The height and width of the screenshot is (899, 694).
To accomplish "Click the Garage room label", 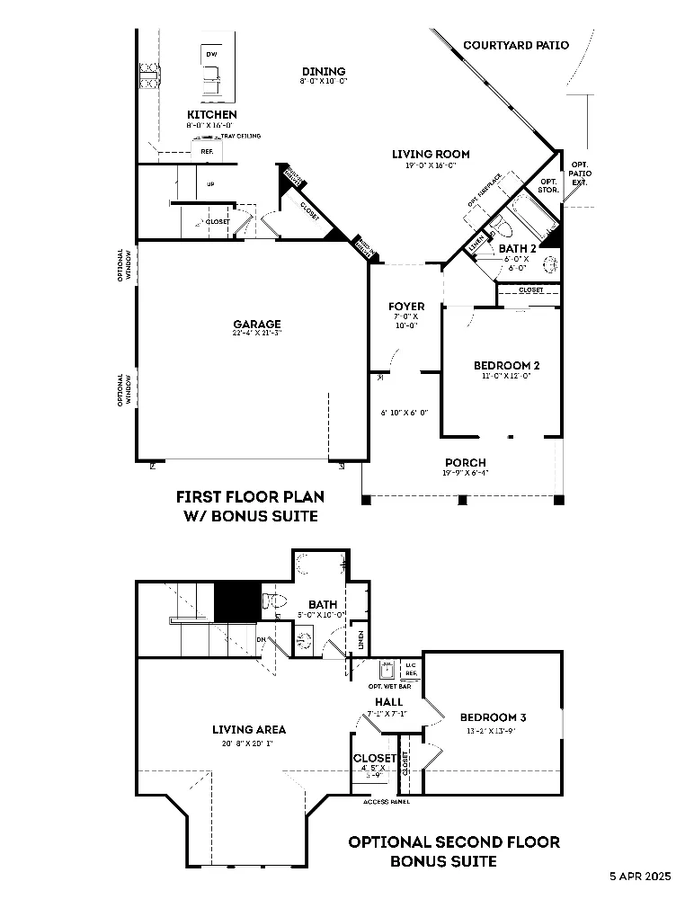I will coord(257,325).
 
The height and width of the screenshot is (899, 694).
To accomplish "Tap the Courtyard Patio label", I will coord(515,45).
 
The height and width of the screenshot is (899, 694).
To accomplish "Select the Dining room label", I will coord(323,72).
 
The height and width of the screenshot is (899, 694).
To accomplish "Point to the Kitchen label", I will coord(212,115).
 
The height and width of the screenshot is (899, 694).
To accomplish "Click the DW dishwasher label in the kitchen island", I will coord(212,55).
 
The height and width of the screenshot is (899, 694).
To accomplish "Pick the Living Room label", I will coord(431,155).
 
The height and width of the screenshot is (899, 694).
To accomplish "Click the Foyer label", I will coord(406,307).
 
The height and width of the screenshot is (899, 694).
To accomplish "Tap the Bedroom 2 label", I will coord(506,366).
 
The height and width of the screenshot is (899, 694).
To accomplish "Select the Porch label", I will coord(464,463).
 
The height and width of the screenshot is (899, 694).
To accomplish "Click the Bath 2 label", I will coord(518,248).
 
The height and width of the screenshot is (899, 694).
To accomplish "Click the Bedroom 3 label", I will coord(493,717).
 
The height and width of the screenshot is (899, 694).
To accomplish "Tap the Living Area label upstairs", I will coord(249,730).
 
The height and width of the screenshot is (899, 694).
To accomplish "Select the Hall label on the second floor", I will coord(388,702).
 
